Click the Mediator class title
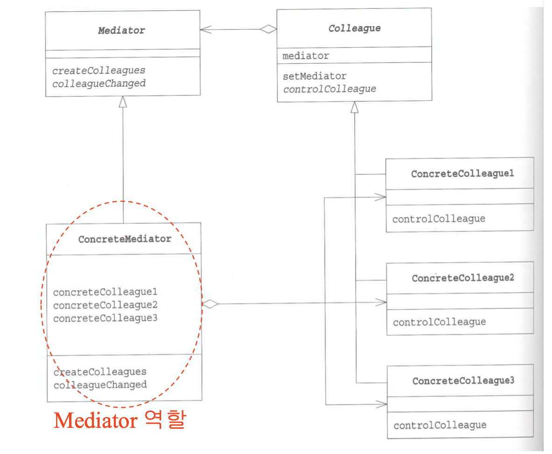pos(121,31)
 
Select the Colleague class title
pos(354,28)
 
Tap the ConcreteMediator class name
pos(125,239)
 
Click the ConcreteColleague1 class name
pos(463,174)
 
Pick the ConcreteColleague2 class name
pos(463,278)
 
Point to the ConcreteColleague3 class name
pos(463,381)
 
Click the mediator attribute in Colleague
pos(305,56)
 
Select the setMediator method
pos(315,76)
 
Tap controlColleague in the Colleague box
pos(330,89)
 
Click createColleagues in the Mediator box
pos(99,71)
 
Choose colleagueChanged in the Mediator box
pos(99,84)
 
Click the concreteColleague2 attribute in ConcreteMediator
pos(105,305)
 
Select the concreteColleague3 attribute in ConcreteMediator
pos(105,318)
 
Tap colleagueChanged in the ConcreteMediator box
pos(100,384)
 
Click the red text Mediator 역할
pos(120,420)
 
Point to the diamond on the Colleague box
pos(269,29)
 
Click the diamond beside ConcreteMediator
pos(210,304)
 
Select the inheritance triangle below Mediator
pos(122,102)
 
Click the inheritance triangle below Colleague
pos(354,107)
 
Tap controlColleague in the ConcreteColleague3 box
pos(440,425)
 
